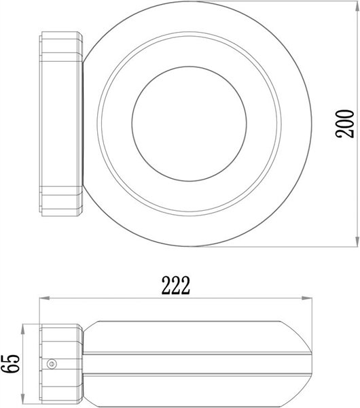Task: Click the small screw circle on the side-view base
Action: point(50,364)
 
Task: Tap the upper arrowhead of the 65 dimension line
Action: point(25,325)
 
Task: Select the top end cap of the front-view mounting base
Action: point(62,37)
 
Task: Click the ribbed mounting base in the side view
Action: point(60,362)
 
